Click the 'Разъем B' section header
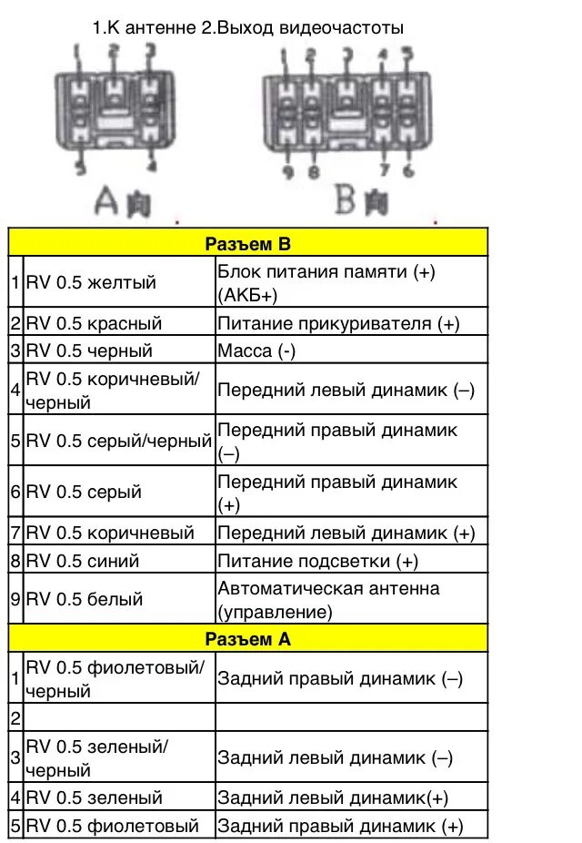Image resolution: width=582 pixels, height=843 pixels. pos(247,244)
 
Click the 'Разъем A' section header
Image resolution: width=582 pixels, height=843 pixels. pos(247,639)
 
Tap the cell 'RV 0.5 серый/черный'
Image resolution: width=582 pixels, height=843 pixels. pos(118,441)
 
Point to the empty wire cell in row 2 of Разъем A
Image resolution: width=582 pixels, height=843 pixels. pos(118,718)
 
